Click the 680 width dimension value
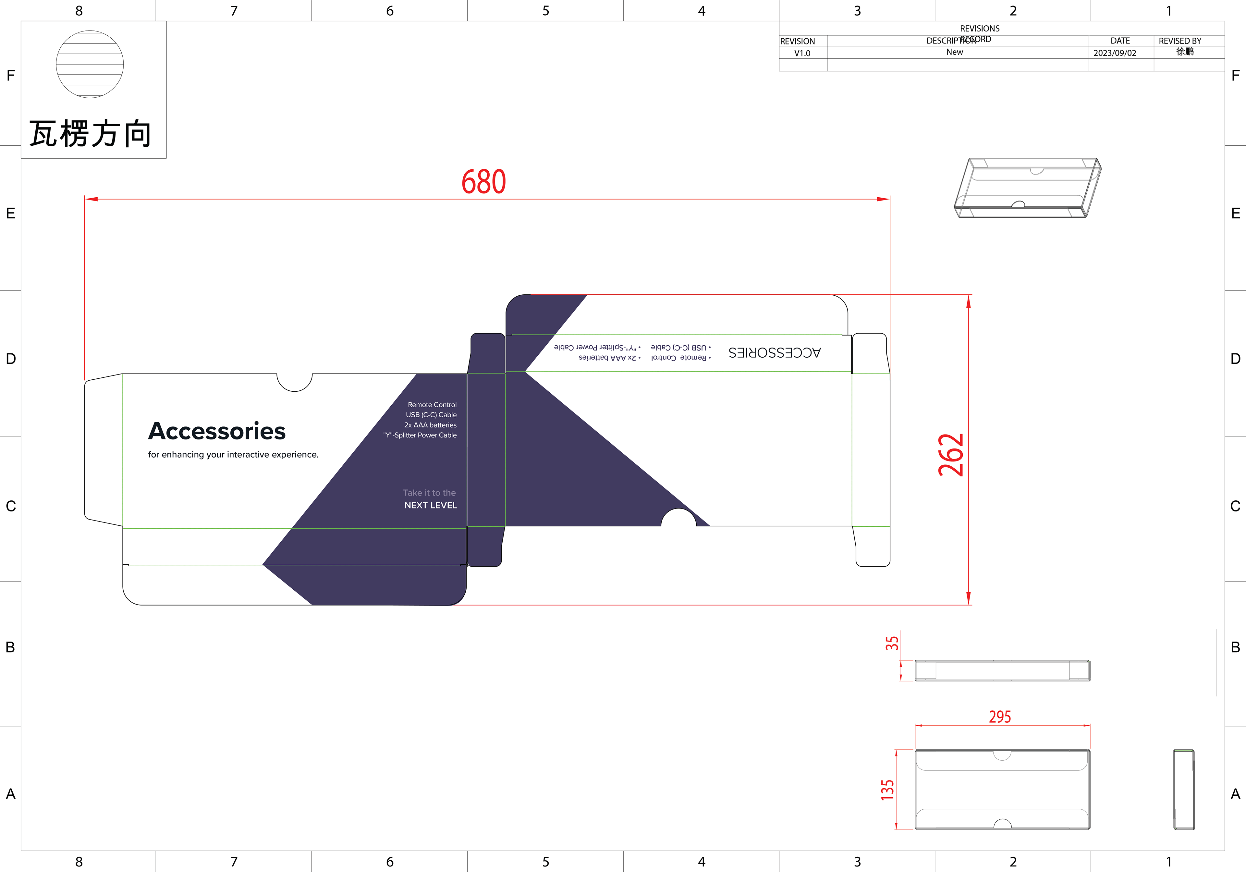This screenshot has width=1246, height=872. [x=483, y=182]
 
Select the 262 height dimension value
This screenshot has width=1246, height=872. [x=951, y=455]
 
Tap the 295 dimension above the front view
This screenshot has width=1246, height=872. [x=1000, y=717]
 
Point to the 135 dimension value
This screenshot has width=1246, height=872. [x=887, y=790]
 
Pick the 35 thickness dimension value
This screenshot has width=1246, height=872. [x=892, y=644]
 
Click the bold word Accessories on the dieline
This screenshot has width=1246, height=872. [x=216, y=431]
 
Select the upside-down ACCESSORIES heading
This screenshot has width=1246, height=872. [x=775, y=353]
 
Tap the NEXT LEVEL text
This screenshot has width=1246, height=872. [x=430, y=505]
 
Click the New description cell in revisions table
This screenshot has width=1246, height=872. [x=955, y=52]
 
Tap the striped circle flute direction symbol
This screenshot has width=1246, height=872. [x=90, y=64]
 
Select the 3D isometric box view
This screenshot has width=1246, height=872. [x=1027, y=188]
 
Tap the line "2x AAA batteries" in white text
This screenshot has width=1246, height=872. [x=430, y=425]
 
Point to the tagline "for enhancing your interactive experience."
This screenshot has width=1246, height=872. [x=233, y=455]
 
